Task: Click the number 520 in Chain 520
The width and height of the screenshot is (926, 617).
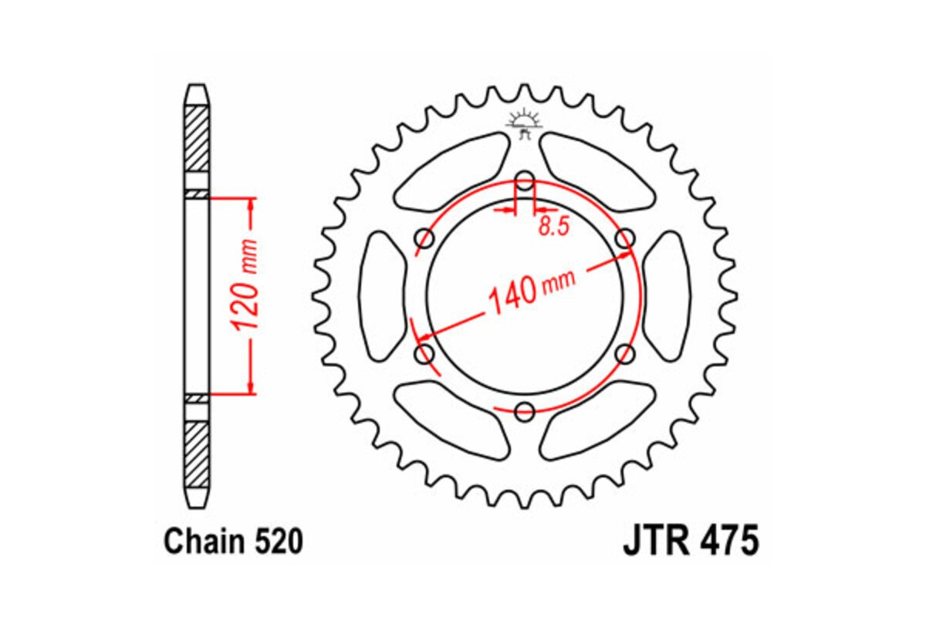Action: (x=275, y=542)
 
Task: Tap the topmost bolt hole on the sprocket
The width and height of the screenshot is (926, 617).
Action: (x=525, y=183)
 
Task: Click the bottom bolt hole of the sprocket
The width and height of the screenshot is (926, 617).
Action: (x=525, y=411)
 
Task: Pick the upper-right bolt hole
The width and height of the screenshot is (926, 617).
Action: (x=624, y=239)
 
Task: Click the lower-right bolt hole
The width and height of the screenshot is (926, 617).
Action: (x=624, y=354)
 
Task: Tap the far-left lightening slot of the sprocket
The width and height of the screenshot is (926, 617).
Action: (x=384, y=296)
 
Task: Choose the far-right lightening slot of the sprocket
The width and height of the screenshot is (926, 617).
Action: (x=666, y=296)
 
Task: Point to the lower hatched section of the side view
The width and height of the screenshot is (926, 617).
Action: (x=197, y=451)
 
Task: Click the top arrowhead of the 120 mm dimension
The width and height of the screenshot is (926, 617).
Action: (x=250, y=204)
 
